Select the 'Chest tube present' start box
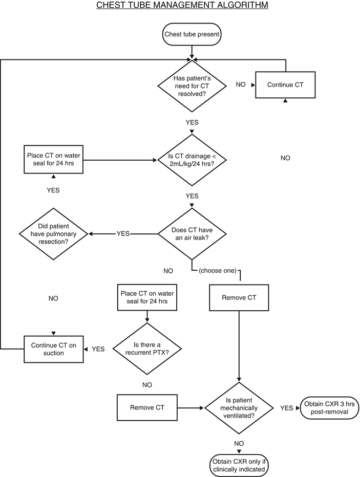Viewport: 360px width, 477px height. (x=192, y=35)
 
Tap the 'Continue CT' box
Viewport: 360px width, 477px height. (x=285, y=84)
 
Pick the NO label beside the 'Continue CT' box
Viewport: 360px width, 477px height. (x=241, y=84)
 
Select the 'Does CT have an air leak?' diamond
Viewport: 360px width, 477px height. (x=192, y=234)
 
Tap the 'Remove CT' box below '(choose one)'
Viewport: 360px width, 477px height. (x=239, y=297)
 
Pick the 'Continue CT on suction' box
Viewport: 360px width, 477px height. (x=54, y=349)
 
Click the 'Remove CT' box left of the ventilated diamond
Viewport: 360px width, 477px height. (x=146, y=408)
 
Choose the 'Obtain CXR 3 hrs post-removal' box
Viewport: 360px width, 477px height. (x=327, y=408)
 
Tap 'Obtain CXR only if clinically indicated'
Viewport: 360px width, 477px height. (x=239, y=464)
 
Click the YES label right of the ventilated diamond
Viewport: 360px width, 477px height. (x=287, y=408)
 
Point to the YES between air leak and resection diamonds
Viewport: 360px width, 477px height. (x=123, y=234)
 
